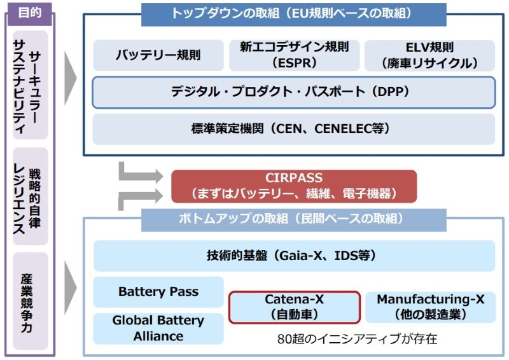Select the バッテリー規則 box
pyautogui.click(x=158, y=55)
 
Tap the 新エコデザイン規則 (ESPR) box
pyautogui.click(x=294, y=55)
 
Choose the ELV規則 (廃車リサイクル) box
pyautogui.click(x=429, y=55)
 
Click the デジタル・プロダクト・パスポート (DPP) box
pyautogui.click(x=293, y=92)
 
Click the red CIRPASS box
pyautogui.click(x=293, y=186)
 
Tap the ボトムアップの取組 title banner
pyautogui.click(x=293, y=219)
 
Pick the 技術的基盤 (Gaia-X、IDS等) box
pyautogui.click(x=293, y=256)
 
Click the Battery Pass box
pyautogui.click(x=158, y=292)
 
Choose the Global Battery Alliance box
pyautogui.click(x=158, y=328)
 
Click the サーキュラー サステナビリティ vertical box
pyautogui.click(x=31, y=85)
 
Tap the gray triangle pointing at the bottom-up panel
pyautogui.click(x=71, y=289)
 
